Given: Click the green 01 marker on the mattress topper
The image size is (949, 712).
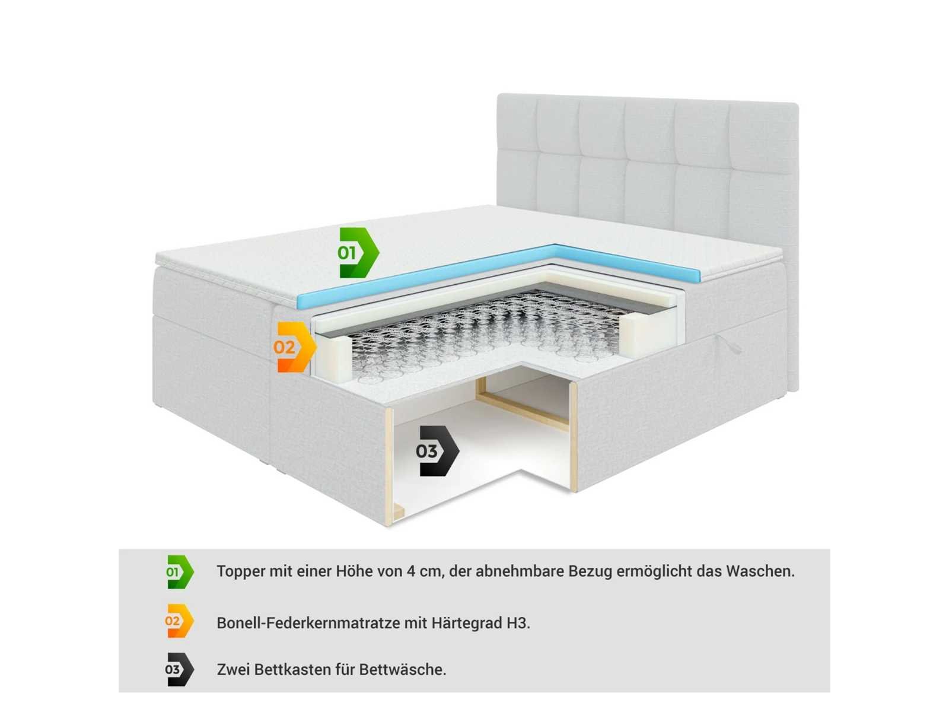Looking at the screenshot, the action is pos(357,252).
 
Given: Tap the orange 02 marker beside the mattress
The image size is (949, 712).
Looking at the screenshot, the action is pos(295,347).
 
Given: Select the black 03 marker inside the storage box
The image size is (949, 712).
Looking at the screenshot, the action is pos(437,451).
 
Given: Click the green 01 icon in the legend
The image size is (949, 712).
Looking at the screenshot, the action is pos(180,571).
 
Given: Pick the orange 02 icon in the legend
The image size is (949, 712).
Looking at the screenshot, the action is pos(179,621).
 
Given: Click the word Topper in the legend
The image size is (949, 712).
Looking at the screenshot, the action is pos(241,571).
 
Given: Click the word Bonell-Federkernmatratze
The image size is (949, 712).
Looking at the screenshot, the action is pos(308,623).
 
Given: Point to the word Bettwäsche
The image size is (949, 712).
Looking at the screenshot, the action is pos(403,670).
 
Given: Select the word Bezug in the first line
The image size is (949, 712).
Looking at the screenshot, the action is pos(590,571).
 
